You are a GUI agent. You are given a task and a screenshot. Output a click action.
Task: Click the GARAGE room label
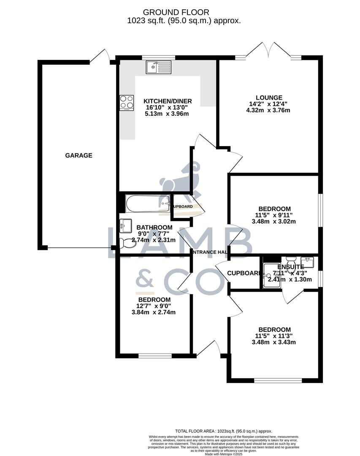click(x=78, y=155)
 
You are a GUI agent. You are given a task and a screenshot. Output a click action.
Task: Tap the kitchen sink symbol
click(x=159, y=67)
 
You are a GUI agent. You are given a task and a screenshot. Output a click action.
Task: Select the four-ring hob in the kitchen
click(x=127, y=102)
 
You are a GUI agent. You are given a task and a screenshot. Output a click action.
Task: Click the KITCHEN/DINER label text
click(x=168, y=101)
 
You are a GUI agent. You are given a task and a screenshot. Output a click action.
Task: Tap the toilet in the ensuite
click(x=292, y=261)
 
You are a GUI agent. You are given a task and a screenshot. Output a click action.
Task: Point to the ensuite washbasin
click(x=307, y=263)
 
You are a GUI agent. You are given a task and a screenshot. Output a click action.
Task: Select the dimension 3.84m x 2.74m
click(x=153, y=312)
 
